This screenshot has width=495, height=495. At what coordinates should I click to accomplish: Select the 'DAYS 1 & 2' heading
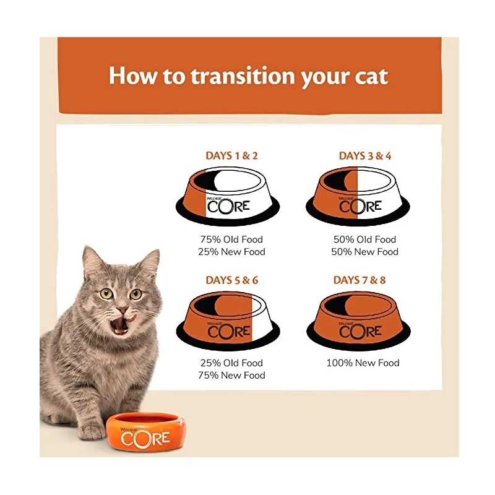click(x=232, y=156)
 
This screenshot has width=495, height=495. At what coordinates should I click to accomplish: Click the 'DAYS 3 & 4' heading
click(x=365, y=156)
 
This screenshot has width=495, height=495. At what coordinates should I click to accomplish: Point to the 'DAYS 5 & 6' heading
click(x=232, y=280)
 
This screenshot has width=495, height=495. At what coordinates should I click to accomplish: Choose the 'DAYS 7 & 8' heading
click(x=359, y=280)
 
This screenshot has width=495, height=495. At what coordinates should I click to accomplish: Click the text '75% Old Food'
click(x=232, y=239)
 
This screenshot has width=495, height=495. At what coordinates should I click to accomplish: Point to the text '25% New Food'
click(x=232, y=252)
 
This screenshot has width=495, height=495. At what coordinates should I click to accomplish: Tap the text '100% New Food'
click(x=363, y=363)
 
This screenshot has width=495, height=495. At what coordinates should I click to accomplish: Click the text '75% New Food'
click(x=232, y=376)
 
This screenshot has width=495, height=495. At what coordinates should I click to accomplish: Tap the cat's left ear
click(x=93, y=260)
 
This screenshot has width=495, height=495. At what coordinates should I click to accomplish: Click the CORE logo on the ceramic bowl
click(x=145, y=439)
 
